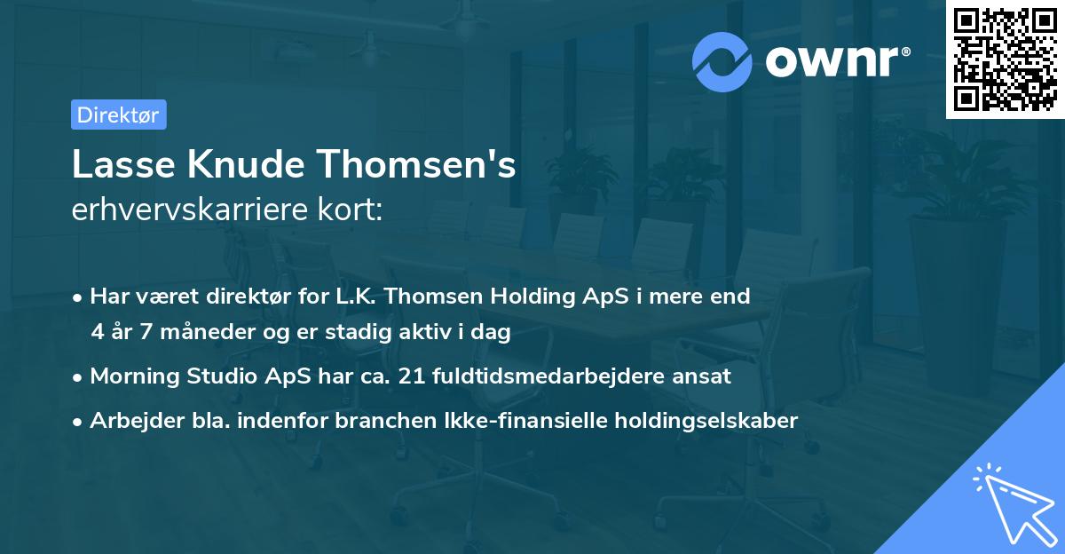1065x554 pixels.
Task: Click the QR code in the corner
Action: tap(1006, 59)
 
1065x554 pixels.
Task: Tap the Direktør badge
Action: tap(117, 115)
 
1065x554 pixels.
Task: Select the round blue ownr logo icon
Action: tap(722, 61)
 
